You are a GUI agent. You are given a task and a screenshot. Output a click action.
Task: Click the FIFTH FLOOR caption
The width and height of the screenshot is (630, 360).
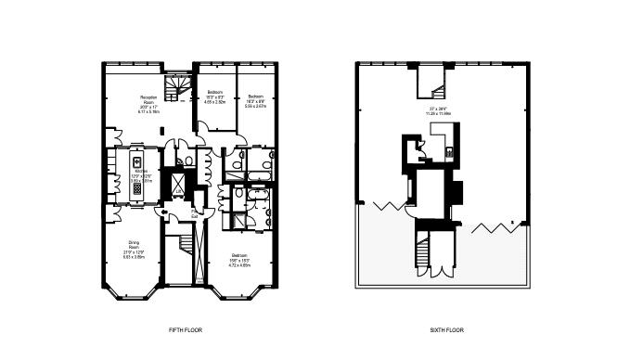tap(186, 330)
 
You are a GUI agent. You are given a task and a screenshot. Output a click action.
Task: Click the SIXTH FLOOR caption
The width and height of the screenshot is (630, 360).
tap(447, 330)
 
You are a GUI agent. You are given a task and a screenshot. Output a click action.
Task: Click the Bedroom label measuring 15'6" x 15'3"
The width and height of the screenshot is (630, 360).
tap(239, 259)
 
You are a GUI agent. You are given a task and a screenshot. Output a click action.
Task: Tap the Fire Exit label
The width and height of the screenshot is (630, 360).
tap(195, 214)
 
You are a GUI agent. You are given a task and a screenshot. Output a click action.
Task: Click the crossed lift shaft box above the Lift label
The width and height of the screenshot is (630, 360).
tap(176, 182)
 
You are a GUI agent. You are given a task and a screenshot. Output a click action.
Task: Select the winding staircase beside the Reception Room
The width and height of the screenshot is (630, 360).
tap(175, 88)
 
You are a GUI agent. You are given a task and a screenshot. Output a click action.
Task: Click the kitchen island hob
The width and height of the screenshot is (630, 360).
tap(136, 187)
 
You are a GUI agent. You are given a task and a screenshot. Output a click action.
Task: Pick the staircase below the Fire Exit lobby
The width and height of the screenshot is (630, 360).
tap(183, 245)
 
